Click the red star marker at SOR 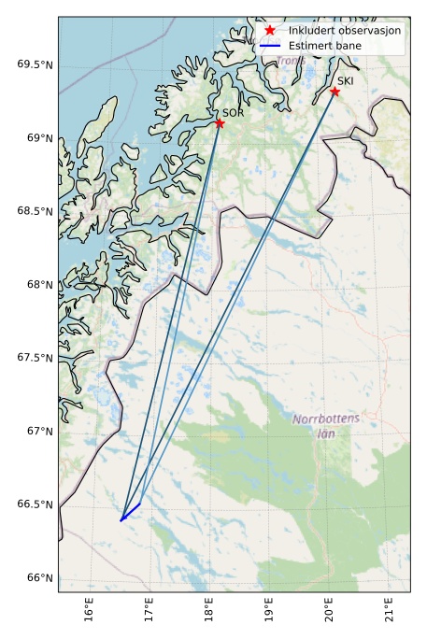(220, 123)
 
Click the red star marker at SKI (334, 92)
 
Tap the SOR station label (233, 112)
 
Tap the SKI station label (346, 80)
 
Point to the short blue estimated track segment (131, 512)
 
